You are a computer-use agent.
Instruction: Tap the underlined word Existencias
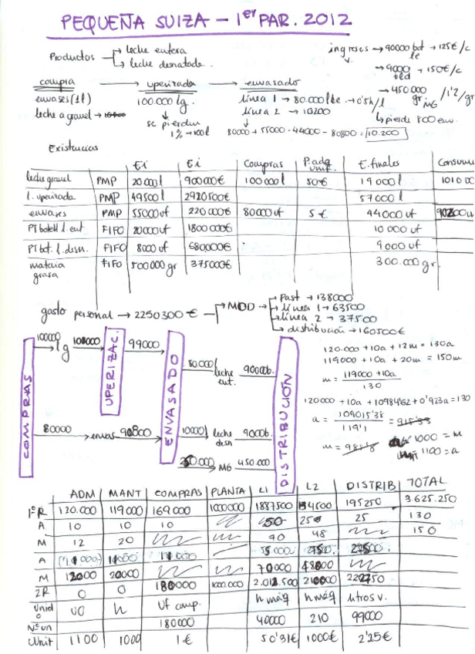pyautogui.click(x=73, y=148)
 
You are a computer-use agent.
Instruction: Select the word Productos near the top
pyautogui.click(x=72, y=56)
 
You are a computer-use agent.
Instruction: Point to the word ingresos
pyautogui.click(x=348, y=48)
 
